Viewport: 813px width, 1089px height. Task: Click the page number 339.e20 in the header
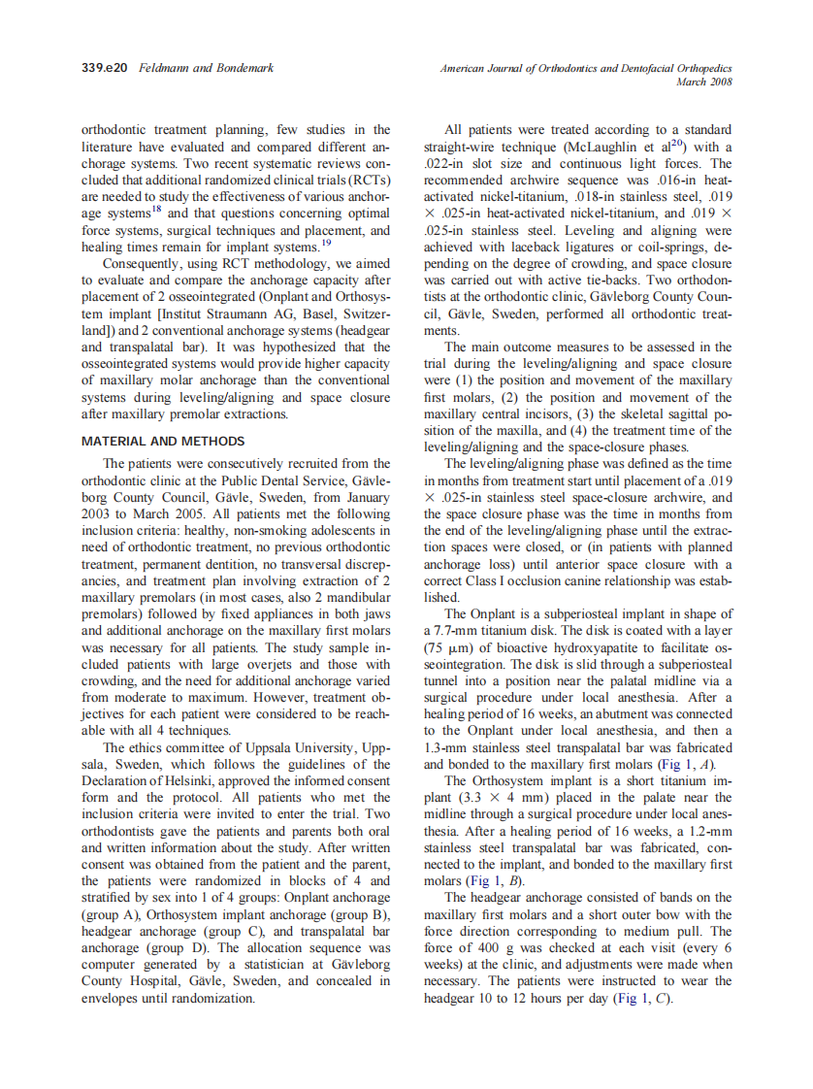[x=107, y=68]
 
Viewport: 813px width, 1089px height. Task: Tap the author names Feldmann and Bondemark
[x=206, y=68]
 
